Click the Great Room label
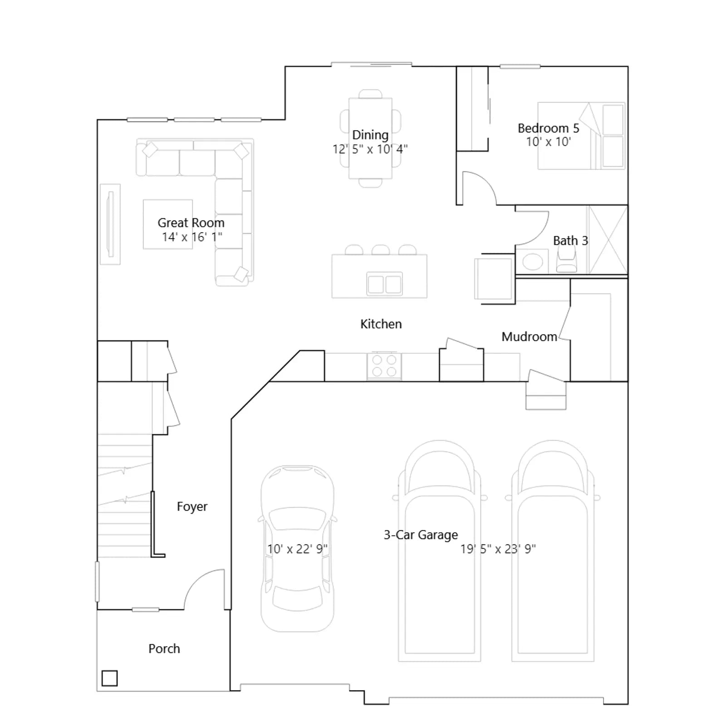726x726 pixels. (191, 223)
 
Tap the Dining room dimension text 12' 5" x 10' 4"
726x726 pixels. (370, 149)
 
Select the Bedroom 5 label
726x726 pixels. (548, 128)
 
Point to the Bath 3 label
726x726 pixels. (570, 240)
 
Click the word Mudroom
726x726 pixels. (529, 337)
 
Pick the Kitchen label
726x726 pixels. (381, 324)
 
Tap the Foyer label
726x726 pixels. (192, 507)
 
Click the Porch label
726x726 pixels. (164, 649)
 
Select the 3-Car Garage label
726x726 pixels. (421, 535)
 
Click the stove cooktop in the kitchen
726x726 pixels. (384, 366)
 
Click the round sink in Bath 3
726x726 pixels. (532, 262)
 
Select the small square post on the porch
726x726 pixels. (110, 678)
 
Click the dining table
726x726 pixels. (370, 138)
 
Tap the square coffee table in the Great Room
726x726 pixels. (168, 224)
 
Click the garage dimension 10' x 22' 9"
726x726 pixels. (297, 549)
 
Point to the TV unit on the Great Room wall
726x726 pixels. (110, 224)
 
